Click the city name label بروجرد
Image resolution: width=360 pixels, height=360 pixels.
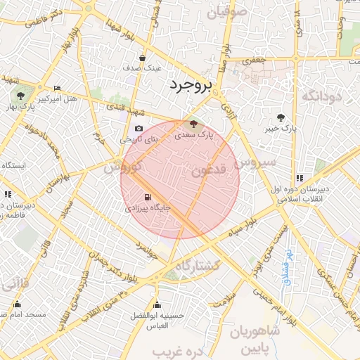(190, 85)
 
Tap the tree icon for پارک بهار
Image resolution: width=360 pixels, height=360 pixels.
(19, 94)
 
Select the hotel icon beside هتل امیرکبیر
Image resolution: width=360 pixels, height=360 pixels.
(57, 88)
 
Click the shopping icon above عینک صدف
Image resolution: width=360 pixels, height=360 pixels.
(143, 58)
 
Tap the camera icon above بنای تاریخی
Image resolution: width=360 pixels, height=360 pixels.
(138, 129)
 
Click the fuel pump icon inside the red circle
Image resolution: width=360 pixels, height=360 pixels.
(147, 198)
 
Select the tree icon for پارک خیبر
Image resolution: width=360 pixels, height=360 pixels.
(281, 117)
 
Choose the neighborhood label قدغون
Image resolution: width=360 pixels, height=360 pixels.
(208, 170)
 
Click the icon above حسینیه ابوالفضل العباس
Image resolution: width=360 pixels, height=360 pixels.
(156, 305)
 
